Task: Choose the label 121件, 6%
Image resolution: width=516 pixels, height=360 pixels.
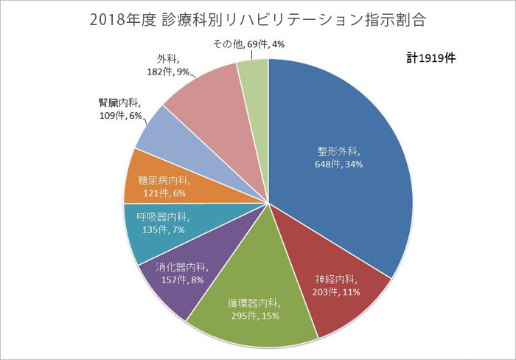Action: [166, 193]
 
